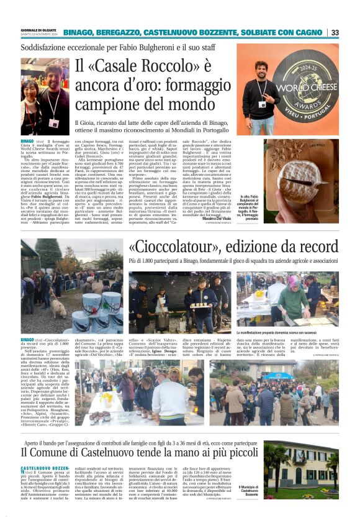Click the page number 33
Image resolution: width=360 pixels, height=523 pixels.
(335, 32)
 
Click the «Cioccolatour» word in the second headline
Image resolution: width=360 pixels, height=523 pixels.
(171, 247)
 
